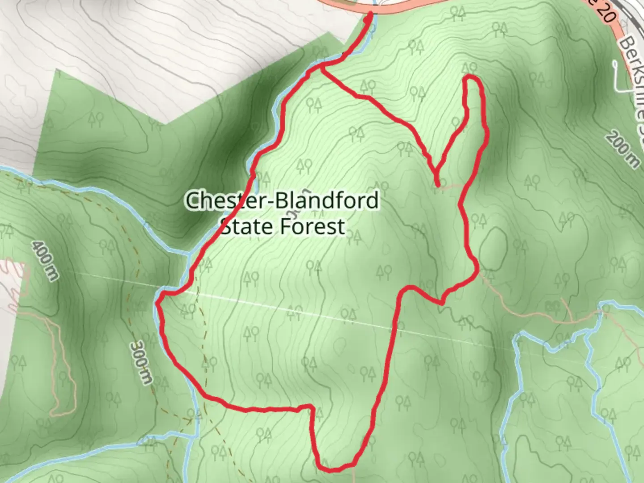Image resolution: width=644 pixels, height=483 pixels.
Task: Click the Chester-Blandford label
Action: click(282, 200)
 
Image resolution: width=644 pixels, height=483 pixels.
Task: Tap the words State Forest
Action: click(283, 226)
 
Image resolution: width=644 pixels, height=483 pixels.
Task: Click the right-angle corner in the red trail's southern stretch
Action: click(310, 407)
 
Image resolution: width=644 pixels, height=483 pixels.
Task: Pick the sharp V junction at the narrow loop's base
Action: click(436, 172)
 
